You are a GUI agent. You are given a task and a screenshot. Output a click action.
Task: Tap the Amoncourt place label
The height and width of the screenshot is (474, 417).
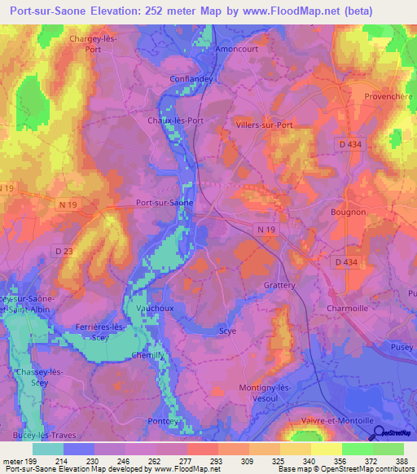(x=235, y=48)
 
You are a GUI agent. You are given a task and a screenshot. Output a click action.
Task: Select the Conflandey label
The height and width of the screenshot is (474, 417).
(x=191, y=79)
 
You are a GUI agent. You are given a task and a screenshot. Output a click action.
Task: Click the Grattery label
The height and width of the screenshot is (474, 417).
(x=279, y=286)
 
